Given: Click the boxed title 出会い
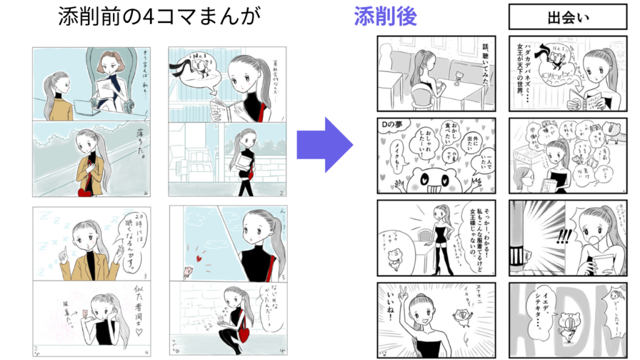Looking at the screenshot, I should tap(567, 17).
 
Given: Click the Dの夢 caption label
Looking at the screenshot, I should tap(393, 125).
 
